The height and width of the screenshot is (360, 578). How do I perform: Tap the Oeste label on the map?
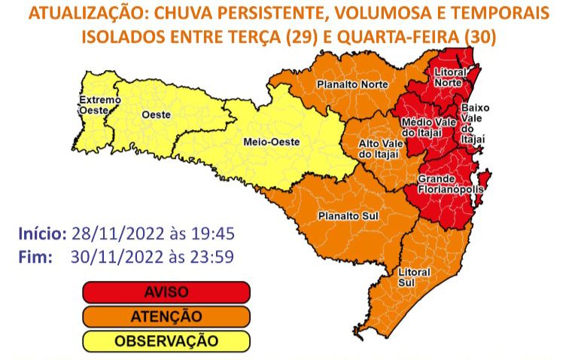[x=156, y=114]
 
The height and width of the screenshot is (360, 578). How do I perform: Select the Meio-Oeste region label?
[x=272, y=141]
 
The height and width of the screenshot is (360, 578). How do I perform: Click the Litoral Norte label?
[x=449, y=78]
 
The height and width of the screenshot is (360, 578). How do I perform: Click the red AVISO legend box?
[x=166, y=291]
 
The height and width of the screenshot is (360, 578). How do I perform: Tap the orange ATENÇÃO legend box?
[x=166, y=316]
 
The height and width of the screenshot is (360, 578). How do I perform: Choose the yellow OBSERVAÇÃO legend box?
[x=166, y=341]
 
